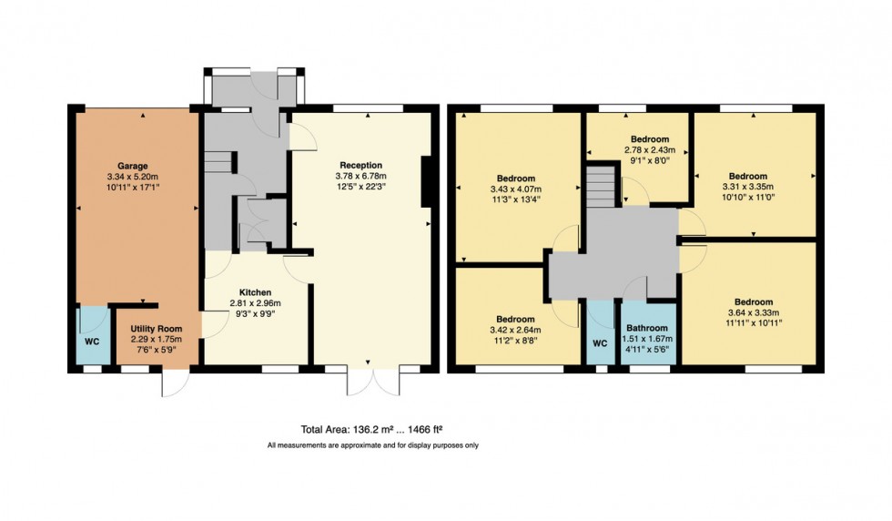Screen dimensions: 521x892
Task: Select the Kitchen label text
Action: click(x=255, y=293)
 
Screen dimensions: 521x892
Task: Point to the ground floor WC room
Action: click(x=91, y=342)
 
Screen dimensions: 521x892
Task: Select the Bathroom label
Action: click(x=646, y=329)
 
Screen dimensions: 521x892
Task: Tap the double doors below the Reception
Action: click(x=373, y=381)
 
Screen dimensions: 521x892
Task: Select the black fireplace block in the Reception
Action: click(x=425, y=182)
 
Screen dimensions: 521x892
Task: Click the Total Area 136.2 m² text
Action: click(x=371, y=429)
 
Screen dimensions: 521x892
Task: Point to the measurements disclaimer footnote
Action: click(x=372, y=445)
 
